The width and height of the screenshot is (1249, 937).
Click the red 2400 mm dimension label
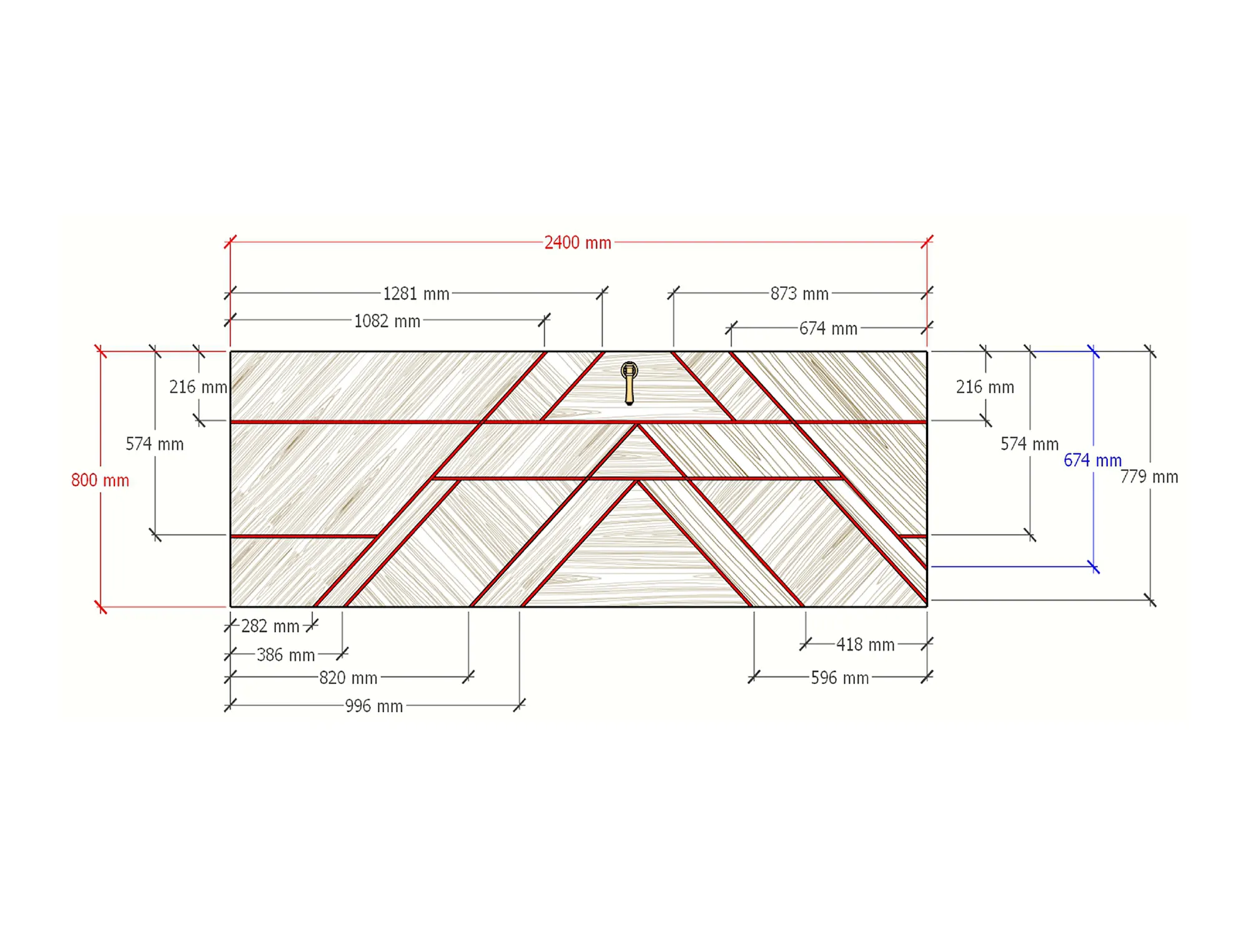click(x=578, y=242)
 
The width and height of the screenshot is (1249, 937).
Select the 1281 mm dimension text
click(x=416, y=294)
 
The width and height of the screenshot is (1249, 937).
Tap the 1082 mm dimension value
click(x=387, y=321)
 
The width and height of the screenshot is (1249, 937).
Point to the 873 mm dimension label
click(x=799, y=294)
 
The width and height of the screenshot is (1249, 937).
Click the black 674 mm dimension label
click(x=828, y=329)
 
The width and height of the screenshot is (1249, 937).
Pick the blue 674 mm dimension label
click(x=1092, y=460)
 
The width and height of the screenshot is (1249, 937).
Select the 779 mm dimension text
click(x=1149, y=477)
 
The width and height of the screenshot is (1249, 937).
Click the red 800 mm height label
click(x=100, y=480)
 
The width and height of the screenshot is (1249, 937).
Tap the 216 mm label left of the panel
click(x=198, y=387)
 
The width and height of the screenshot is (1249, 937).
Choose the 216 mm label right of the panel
click(x=985, y=387)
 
